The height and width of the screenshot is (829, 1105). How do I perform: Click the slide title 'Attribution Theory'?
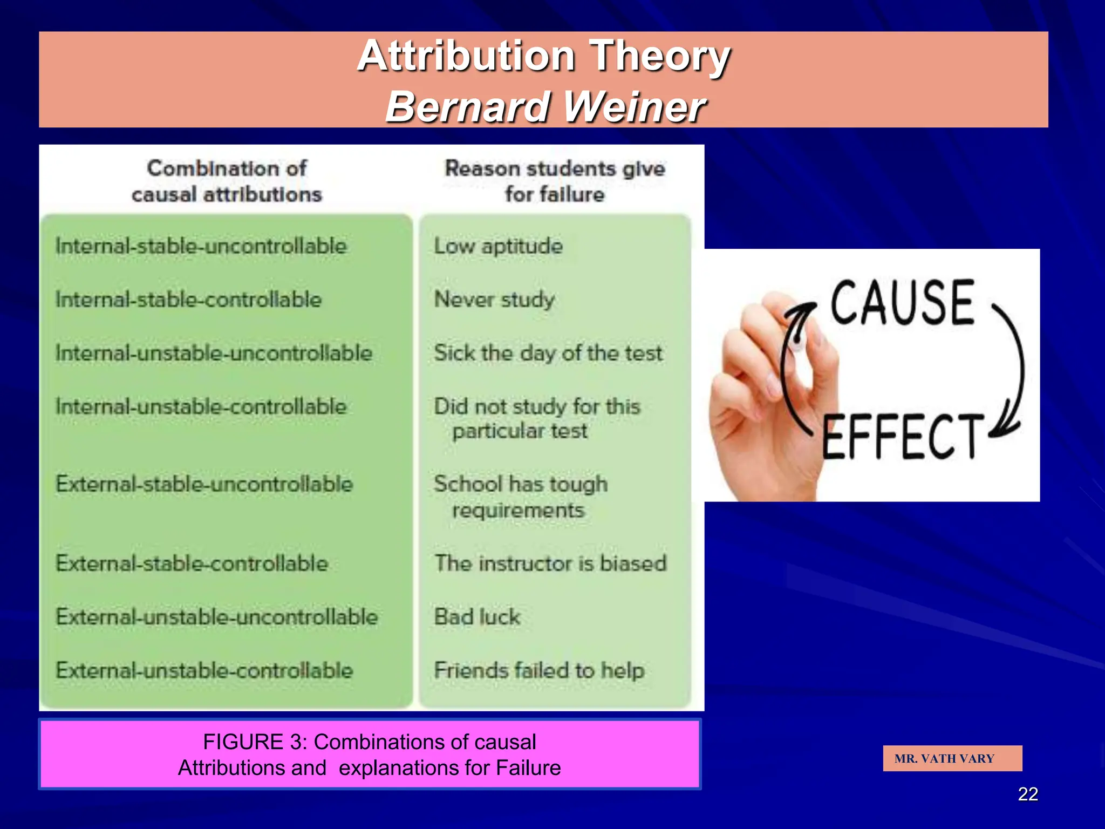(x=543, y=56)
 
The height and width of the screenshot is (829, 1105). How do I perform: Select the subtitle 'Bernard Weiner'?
(x=545, y=106)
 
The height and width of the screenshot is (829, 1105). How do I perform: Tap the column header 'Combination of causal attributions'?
(x=227, y=181)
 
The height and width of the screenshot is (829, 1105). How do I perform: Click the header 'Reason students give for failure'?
(x=555, y=181)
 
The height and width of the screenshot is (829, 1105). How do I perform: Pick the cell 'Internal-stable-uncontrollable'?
(x=201, y=246)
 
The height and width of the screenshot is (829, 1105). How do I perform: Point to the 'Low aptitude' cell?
(x=499, y=246)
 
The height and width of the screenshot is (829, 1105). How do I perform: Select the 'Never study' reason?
(x=494, y=300)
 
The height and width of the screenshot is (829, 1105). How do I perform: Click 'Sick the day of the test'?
(x=548, y=353)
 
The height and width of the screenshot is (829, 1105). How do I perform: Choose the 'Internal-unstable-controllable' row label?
(x=201, y=406)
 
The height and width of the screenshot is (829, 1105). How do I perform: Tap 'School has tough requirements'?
(x=521, y=497)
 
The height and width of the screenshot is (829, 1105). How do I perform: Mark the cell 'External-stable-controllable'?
(x=192, y=563)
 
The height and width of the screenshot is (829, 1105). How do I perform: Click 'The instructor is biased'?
(x=551, y=563)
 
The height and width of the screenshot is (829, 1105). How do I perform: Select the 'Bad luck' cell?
(x=478, y=617)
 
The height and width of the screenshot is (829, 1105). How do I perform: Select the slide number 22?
(x=1027, y=794)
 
